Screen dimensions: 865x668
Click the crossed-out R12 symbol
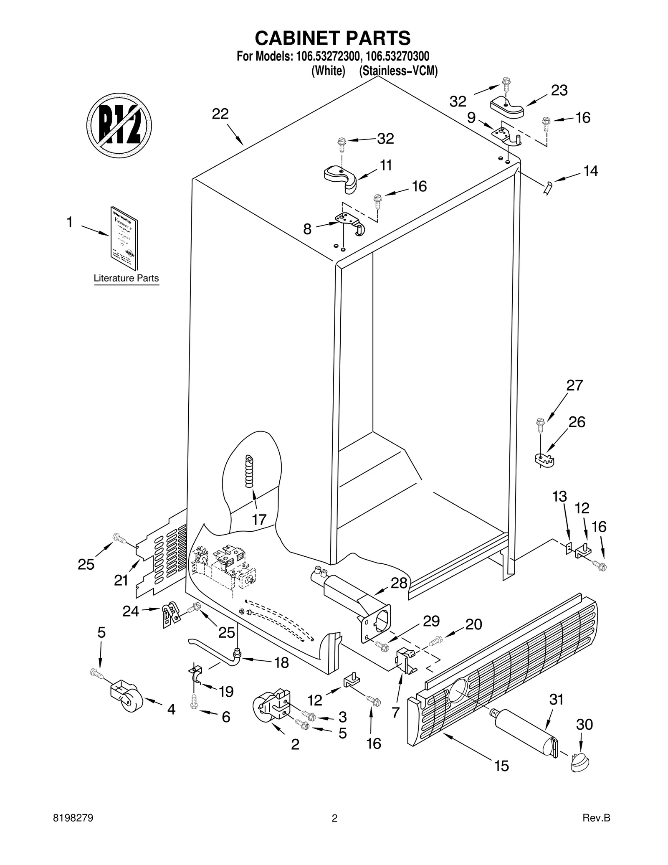[x=119, y=125]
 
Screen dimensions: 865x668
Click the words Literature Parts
[x=126, y=278]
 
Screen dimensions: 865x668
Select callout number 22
[x=220, y=114]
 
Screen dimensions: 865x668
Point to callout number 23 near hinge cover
[x=559, y=90]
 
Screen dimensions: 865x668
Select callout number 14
[x=590, y=171]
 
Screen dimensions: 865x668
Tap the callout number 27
[x=574, y=385]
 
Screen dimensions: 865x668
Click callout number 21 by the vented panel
[x=121, y=580]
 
